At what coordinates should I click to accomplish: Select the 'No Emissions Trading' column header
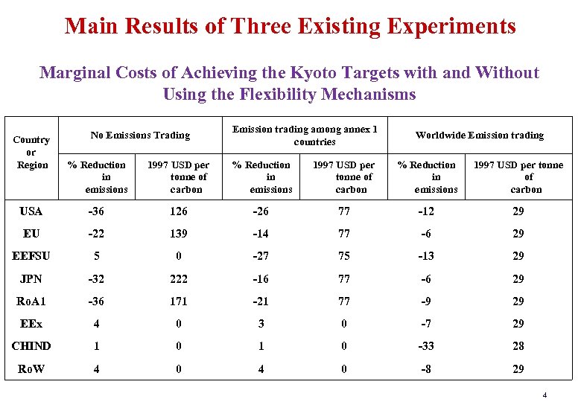pyautogui.click(x=140, y=135)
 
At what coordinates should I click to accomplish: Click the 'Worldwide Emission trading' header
pyautogui.click(x=479, y=135)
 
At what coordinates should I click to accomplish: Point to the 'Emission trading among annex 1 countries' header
pyautogui.click(x=305, y=135)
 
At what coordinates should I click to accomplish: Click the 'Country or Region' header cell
pyautogui.click(x=32, y=152)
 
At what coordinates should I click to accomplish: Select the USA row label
pyautogui.click(x=31, y=211)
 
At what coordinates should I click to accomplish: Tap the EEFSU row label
pyautogui.click(x=31, y=256)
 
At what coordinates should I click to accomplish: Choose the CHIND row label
pyautogui.click(x=31, y=346)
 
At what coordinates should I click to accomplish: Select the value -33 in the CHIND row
pyautogui.click(x=436, y=346)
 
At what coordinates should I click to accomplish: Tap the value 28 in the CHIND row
pyautogui.click(x=518, y=346)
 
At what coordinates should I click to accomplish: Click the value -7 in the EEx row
pyautogui.click(x=436, y=324)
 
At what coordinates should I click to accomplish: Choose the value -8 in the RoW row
pyautogui.click(x=436, y=369)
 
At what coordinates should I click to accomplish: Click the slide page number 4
pyautogui.click(x=545, y=394)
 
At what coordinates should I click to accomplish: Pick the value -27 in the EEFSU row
pyautogui.click(x=261, y=256)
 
